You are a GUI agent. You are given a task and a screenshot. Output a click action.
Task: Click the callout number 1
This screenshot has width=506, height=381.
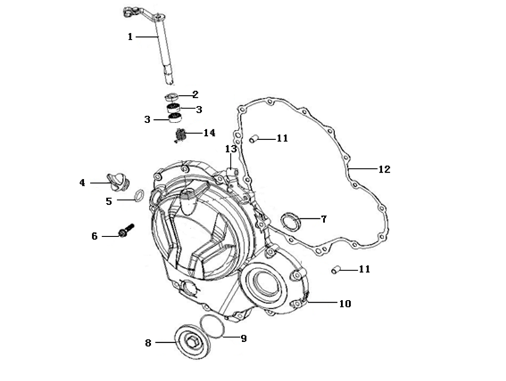click(131, 37)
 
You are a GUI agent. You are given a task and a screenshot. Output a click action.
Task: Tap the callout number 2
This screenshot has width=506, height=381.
click(195, 94)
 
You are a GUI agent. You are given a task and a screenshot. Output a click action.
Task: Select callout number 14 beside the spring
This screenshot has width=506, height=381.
click(209, 133)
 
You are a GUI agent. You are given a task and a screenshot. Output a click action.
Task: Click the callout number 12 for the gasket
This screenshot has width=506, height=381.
click(383, 169)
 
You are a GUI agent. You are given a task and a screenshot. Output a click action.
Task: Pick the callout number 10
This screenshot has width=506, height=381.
click(344, 303)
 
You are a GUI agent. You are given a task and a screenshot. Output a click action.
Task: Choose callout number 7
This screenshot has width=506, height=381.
click(323, 219)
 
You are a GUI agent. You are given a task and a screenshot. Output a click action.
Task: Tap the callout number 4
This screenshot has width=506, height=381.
click(82, 182)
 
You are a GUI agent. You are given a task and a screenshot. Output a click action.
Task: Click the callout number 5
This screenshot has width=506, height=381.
click(109, 200)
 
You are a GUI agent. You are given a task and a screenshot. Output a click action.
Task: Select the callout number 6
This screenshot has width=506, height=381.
click(94, 235)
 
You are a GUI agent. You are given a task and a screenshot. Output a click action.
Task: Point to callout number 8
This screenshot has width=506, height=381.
click(148, 342)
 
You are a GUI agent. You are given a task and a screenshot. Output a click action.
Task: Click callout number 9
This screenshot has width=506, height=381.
click(243, 338)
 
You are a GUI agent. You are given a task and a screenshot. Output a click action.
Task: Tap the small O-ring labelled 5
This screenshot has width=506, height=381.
click(138, 196)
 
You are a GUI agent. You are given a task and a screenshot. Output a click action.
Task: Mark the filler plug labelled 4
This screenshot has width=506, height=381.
click(119, 181)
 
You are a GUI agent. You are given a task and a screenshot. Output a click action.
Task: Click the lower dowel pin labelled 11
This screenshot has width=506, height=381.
click(336, 270)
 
